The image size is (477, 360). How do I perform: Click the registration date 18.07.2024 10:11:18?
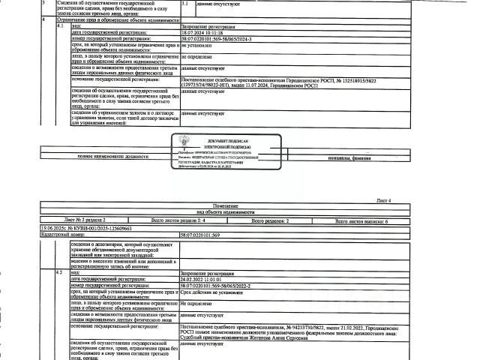coord(203,34)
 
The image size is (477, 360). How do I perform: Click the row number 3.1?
coord(186,4)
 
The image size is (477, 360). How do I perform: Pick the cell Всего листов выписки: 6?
coord(370,223)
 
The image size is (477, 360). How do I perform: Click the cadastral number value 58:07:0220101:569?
coord(205,235)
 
